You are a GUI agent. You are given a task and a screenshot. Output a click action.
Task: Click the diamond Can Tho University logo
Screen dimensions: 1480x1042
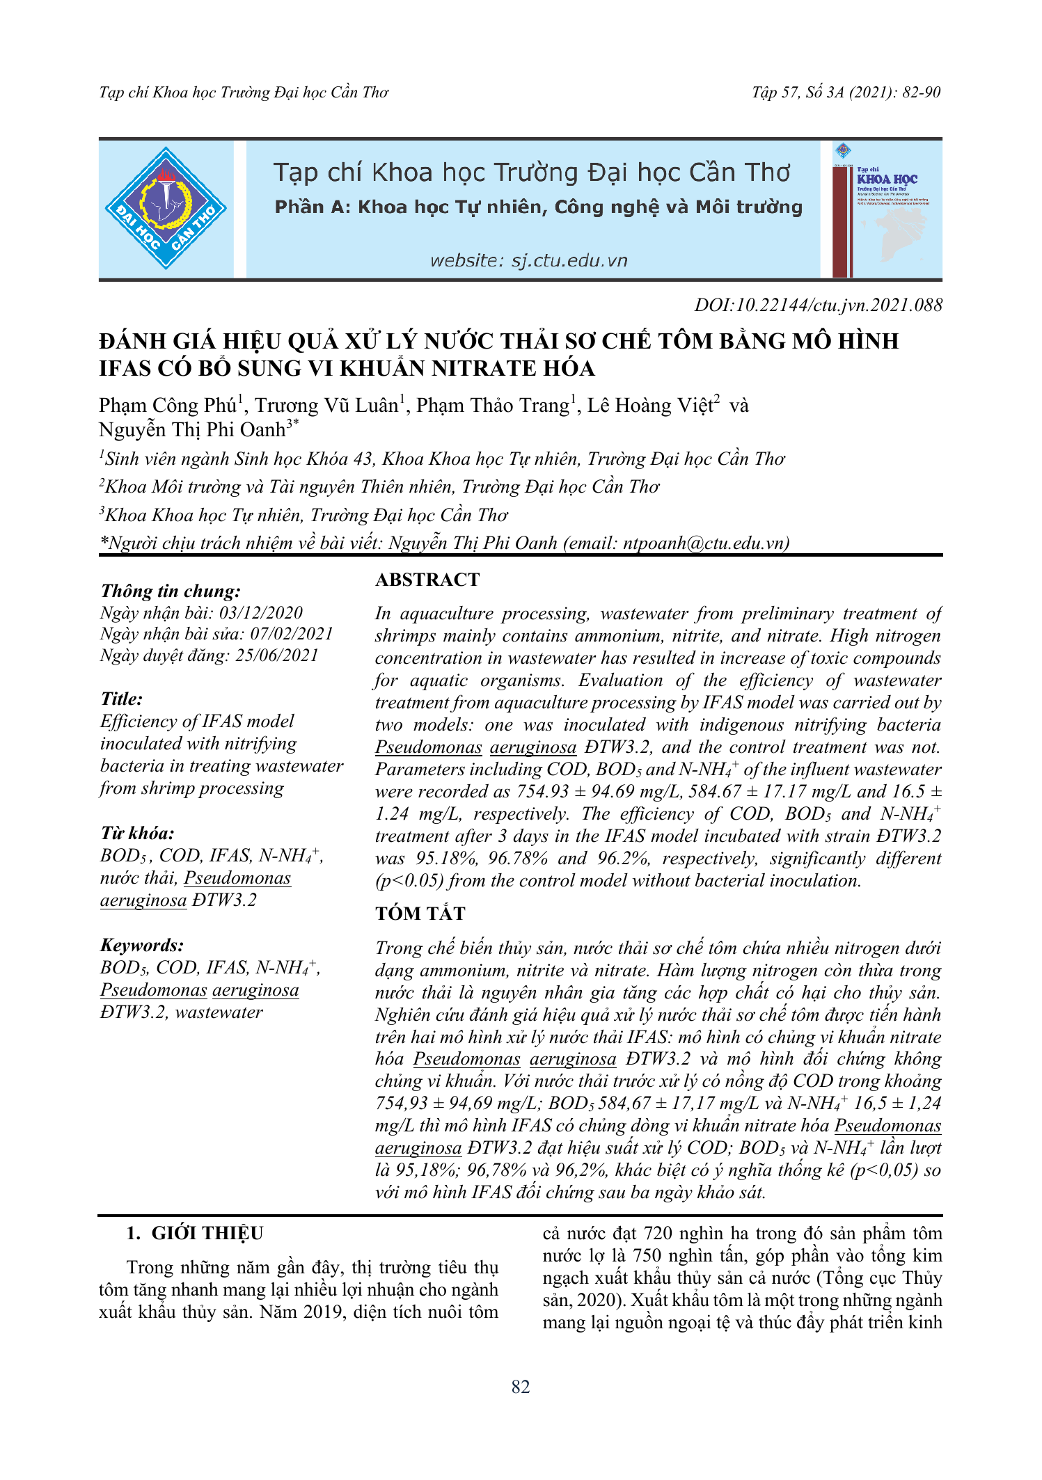click(166, 208)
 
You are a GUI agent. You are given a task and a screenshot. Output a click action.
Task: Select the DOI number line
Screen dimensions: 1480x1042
click(818, 305)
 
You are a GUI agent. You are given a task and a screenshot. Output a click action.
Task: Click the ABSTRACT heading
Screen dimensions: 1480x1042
click(427, 580)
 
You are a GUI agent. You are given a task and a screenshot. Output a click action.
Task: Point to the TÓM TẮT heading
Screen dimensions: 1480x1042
click(420, 914)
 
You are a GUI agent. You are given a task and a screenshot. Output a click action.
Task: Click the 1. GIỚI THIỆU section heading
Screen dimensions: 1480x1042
click(195, 1234)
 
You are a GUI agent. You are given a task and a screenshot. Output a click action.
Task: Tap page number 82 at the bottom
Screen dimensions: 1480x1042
click(521, 1387)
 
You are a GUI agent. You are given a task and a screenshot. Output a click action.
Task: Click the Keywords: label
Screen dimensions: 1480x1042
click(142, 945)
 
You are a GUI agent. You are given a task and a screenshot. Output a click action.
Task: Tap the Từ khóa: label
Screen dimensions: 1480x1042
click(137, 833)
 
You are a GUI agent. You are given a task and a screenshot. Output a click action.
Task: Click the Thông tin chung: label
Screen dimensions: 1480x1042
click(171, 591)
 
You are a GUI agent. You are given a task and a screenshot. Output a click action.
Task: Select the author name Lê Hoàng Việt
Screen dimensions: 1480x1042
click(650, 406)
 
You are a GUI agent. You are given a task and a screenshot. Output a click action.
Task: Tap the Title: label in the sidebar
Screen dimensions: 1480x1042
click(122, 699)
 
